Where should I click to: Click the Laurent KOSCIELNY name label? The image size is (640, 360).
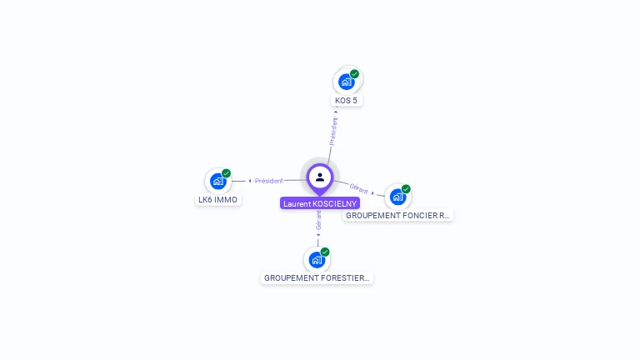click(320, 203)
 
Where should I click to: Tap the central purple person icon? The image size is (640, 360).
click(320, 177)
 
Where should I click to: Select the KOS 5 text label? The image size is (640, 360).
click(347, 101)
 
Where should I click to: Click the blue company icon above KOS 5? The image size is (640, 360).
click(347, 82)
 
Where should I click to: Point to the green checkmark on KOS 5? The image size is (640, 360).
click(355, 74)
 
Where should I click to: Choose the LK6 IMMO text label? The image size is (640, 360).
click(217, 200)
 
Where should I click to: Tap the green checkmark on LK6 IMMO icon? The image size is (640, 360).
click(227, 173)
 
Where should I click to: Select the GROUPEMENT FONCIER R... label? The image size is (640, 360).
click(397, 215)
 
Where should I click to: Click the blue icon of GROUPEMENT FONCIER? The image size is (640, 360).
click(397, 196)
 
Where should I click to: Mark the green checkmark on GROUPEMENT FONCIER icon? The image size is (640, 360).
click(406, 188)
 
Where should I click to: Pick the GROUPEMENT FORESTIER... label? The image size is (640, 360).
click(317, 277)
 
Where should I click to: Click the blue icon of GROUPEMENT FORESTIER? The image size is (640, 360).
click(317, 259)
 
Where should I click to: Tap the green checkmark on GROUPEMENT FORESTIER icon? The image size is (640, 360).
click(325, 252)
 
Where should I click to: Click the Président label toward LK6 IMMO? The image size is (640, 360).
click(269, 181)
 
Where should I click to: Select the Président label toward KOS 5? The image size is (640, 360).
click(333, 131)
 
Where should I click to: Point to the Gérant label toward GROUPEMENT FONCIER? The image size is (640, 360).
click(358, 189)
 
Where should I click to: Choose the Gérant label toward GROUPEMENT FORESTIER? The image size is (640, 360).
click(318, 220)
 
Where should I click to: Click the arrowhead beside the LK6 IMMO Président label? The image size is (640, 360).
click(250, 181)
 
